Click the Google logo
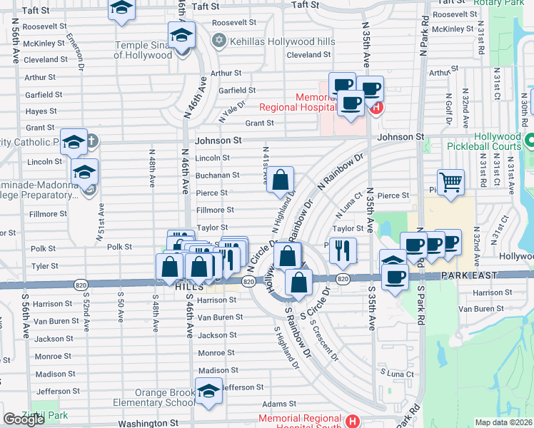pos(24,419)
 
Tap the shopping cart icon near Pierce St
pos(450,183)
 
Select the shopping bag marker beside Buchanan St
pos(282,180)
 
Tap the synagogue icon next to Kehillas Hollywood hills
pos(218,41)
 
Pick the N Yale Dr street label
pos(231,111)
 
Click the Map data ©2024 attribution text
pos(503,422)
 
